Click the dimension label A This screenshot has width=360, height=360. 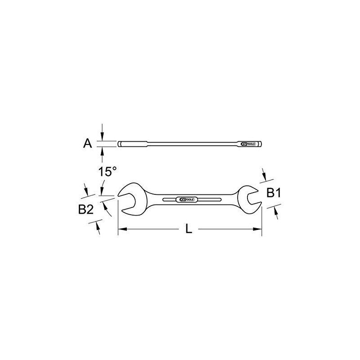[x=87, y=144]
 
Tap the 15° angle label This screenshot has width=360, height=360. [x=107, y=171]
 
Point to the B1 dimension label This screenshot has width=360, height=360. [x=274, y=193]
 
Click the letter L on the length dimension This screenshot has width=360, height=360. [x=189, y=229]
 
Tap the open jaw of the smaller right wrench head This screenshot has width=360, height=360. [x=250, y=198]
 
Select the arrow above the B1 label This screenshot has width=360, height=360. [x=264, y=177]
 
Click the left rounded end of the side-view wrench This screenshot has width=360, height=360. [x=121, y=144]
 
